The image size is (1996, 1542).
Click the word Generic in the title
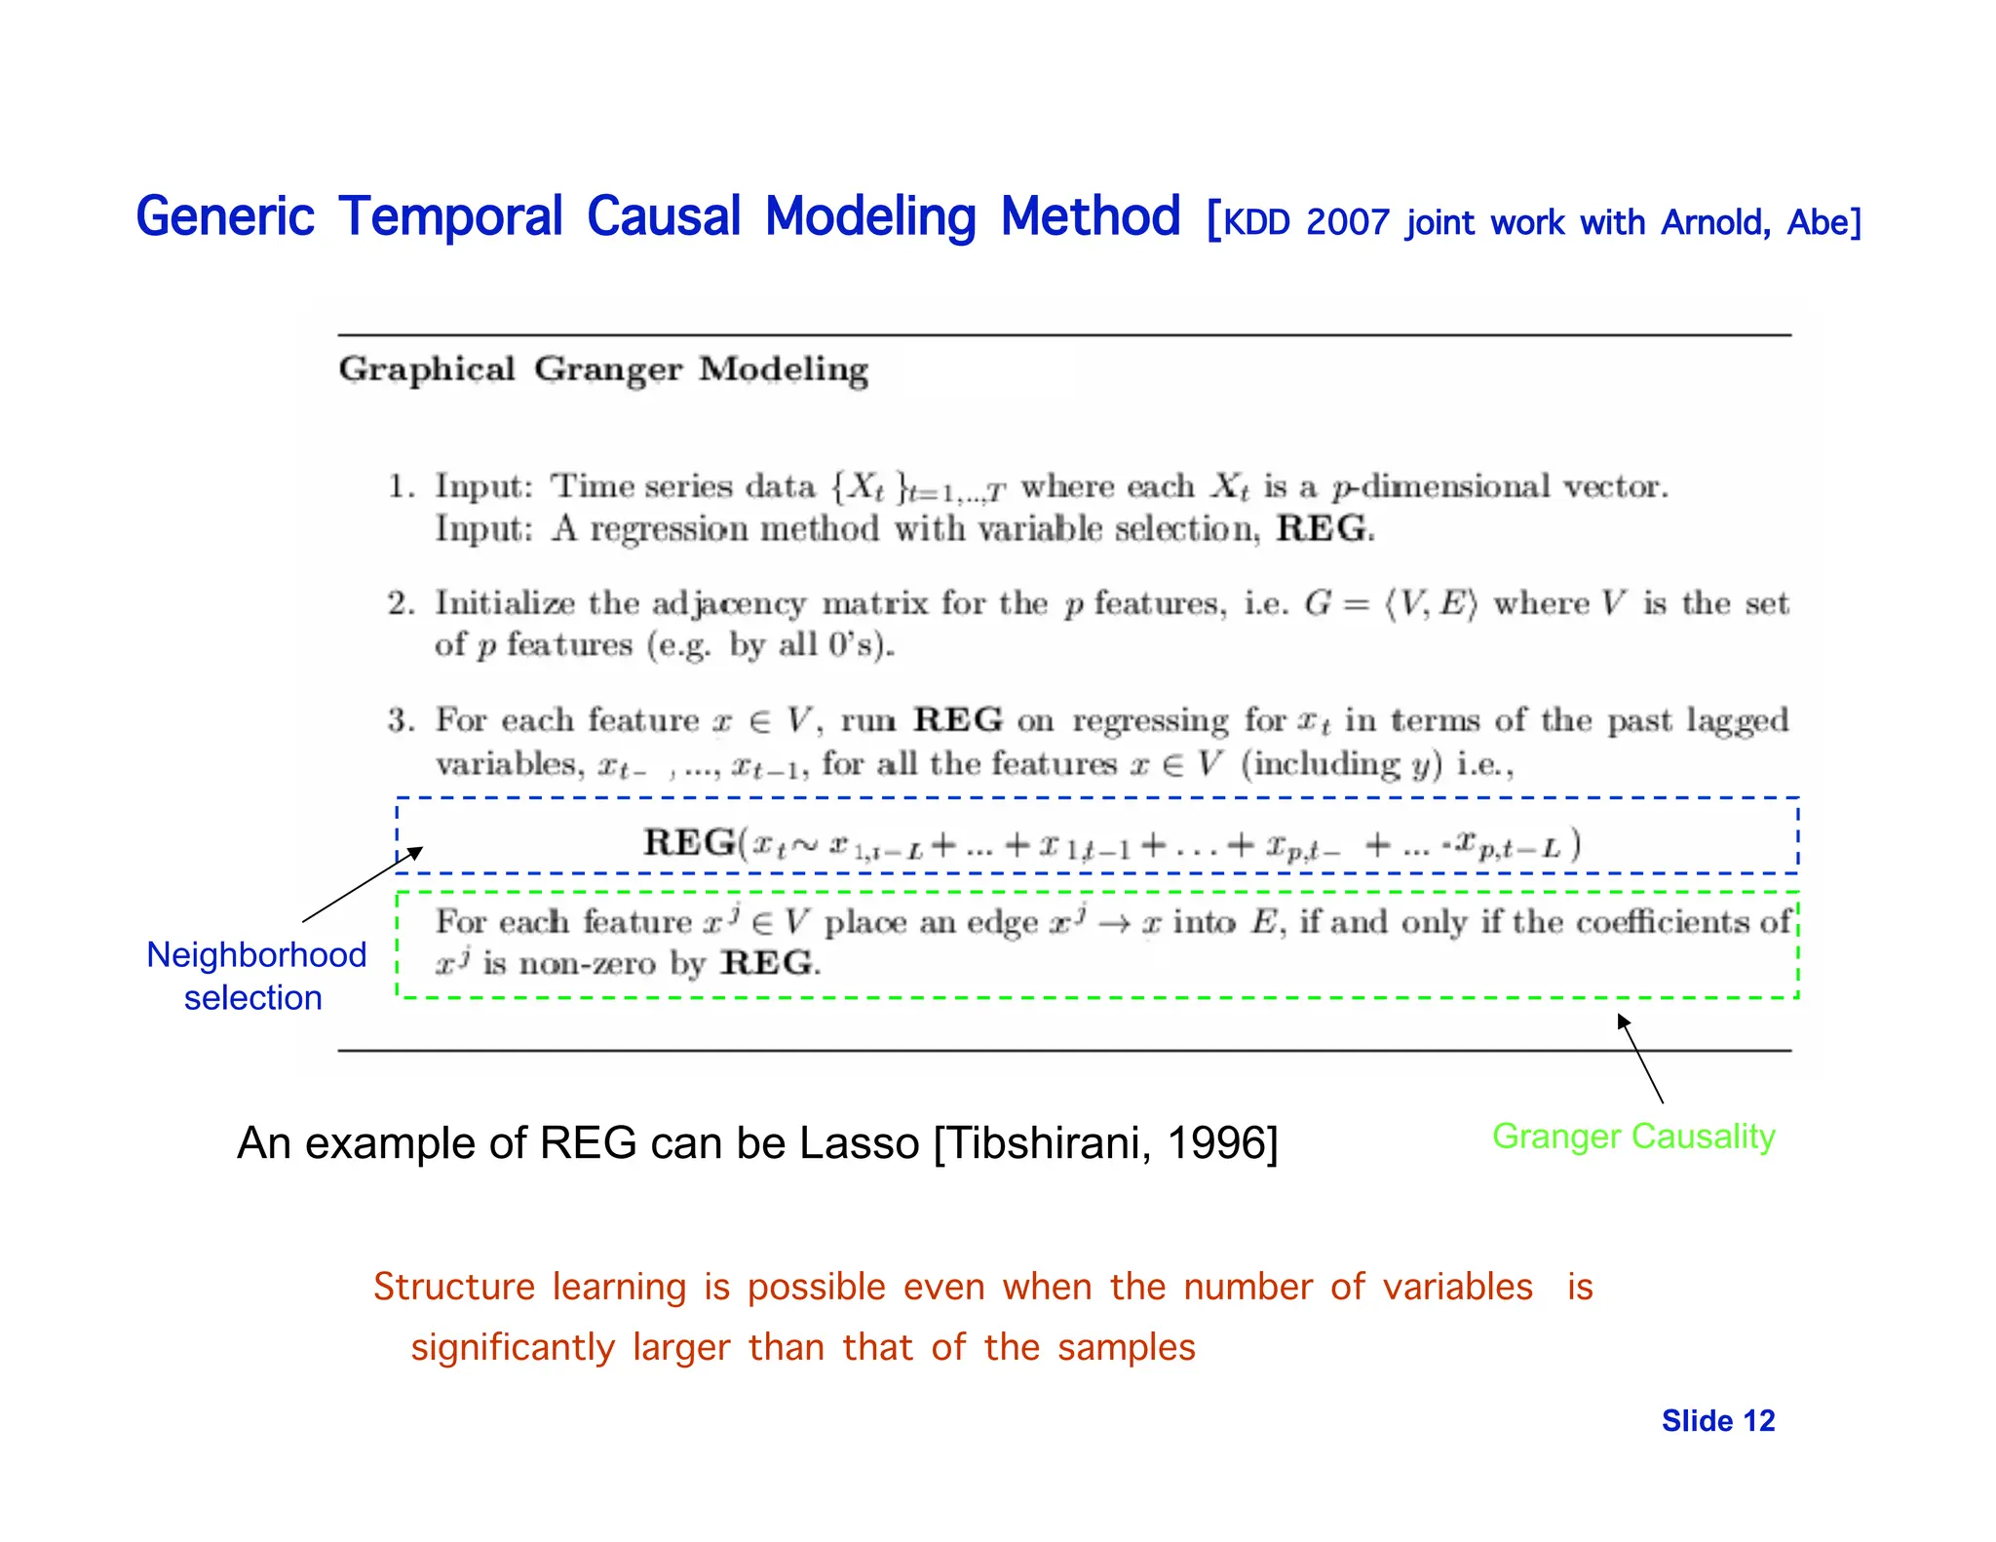225,217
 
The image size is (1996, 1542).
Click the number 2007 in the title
1347,223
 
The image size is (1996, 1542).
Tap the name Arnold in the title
1714,223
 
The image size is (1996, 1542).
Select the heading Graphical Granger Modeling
603,369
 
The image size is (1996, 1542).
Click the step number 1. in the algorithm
402,486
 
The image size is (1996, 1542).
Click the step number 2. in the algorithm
402,603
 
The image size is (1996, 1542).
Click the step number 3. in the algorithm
402,720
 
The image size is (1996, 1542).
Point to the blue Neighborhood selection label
255,976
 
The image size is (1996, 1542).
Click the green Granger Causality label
1633,1137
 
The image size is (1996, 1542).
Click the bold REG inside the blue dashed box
689,842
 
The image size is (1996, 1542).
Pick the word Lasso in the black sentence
859,1143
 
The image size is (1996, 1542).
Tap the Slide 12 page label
1717,1421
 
